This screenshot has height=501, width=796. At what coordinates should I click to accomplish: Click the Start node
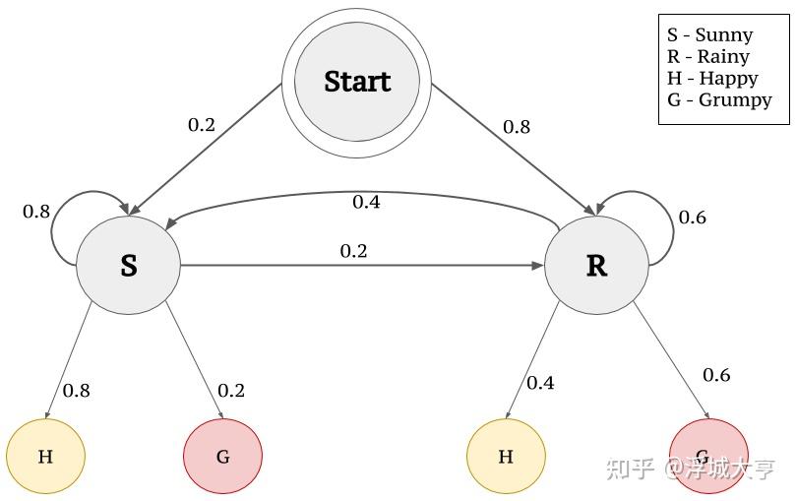[357, 83]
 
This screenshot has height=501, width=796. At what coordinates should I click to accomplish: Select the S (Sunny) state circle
[129, 265]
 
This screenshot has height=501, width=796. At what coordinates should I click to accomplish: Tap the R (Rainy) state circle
[596, 265]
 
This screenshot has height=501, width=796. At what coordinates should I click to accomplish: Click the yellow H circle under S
[45, 457]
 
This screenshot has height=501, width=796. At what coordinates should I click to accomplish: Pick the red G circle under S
[222, 457]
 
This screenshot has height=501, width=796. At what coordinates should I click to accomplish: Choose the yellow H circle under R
[506, 457]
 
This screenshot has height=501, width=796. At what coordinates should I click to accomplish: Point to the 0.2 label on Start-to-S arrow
[202, 125]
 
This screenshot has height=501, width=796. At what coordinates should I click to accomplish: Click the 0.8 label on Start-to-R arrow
[517, 127]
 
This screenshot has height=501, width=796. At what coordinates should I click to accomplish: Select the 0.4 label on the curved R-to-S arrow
[367, 202]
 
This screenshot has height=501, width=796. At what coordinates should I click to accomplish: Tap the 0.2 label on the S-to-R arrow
[354, 251]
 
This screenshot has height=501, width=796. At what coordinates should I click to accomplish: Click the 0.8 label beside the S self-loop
[36, 212]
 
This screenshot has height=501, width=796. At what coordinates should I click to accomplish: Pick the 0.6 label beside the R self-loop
[693, 218]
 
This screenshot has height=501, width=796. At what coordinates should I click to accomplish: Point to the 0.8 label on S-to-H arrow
[77, 391]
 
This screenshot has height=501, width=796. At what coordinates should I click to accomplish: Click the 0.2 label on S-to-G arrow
[231, 391]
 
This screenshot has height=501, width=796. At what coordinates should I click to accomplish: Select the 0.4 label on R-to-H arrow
[540, 383]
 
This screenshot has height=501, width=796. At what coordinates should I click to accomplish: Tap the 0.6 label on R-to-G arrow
[717, 375]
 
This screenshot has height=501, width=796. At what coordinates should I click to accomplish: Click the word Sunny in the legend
[724, 35]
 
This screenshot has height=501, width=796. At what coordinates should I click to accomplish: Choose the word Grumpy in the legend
[735, 100]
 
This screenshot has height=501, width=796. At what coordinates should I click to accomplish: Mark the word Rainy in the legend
[723, 56]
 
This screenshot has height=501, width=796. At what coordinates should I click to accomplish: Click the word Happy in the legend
[728, 78]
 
